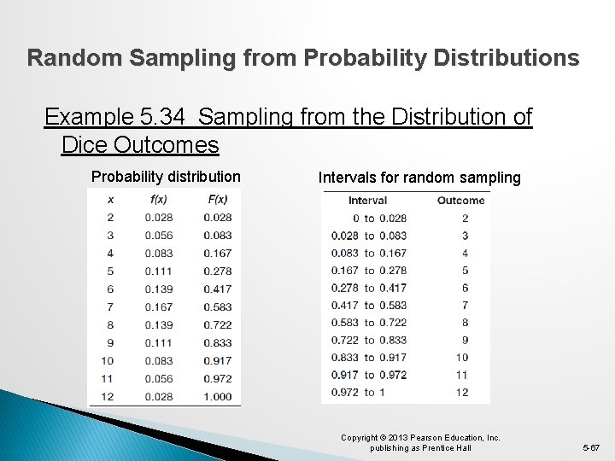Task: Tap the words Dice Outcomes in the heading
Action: (140, 144)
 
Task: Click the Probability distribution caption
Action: (166, 177)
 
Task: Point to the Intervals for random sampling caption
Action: (419, 178)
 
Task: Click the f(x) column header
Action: (158, 200)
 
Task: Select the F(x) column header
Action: (217, 200)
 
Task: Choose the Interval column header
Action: (367, 201)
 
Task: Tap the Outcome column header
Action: (460, 201)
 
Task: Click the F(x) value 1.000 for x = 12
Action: (217, 396)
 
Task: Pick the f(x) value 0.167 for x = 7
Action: (158, 306)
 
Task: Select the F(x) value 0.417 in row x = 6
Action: (217, 289)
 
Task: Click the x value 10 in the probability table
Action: (110, 360)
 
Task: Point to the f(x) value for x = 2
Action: (158, 218)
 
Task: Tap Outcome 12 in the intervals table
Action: (461, 392)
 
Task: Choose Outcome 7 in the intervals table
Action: (465, 305)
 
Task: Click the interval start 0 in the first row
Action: (354, 218)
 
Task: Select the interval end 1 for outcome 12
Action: (383, 392)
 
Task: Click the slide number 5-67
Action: (591, 446)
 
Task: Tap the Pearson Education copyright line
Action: (420, 438)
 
